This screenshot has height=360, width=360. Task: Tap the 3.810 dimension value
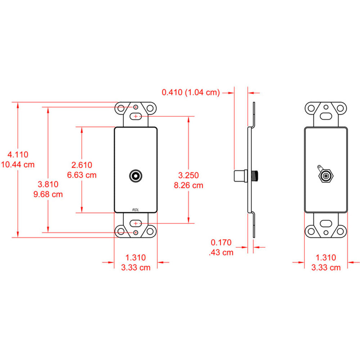(48, 184)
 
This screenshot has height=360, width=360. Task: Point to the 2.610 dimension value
(82, 165)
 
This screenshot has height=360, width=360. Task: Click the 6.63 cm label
(82, 175)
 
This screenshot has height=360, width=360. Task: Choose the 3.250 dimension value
(188, 175)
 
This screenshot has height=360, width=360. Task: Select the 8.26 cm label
(188, 185)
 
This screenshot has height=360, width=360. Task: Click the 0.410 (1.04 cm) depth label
(190, 92)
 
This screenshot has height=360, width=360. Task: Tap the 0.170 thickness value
(221, 242)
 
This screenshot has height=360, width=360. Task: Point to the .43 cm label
(221, 252)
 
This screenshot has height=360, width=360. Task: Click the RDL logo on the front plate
(135, 208)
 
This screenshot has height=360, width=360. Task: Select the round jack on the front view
(136, 176)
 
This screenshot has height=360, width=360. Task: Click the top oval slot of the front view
(136, 116)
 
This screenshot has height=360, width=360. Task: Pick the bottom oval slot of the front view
(136, 224)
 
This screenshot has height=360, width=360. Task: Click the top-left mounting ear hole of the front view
(122, 108)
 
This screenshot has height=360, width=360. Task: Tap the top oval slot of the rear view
(326, 117)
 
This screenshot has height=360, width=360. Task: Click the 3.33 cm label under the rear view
(325, 267)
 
